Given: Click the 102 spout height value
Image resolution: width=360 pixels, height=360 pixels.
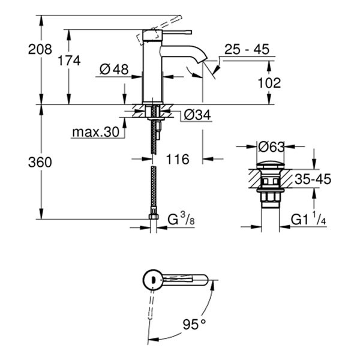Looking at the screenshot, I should point(268,83).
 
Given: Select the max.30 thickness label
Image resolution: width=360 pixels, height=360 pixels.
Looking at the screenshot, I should point(95,131).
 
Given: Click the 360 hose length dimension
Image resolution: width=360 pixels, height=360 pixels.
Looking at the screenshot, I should point(40,161).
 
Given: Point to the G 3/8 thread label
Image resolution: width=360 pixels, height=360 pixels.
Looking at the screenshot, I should point(180,220).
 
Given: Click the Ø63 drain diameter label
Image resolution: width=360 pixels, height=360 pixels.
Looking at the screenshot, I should point(271,146).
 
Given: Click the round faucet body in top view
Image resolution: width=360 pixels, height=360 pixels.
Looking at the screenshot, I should point(152,280).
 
